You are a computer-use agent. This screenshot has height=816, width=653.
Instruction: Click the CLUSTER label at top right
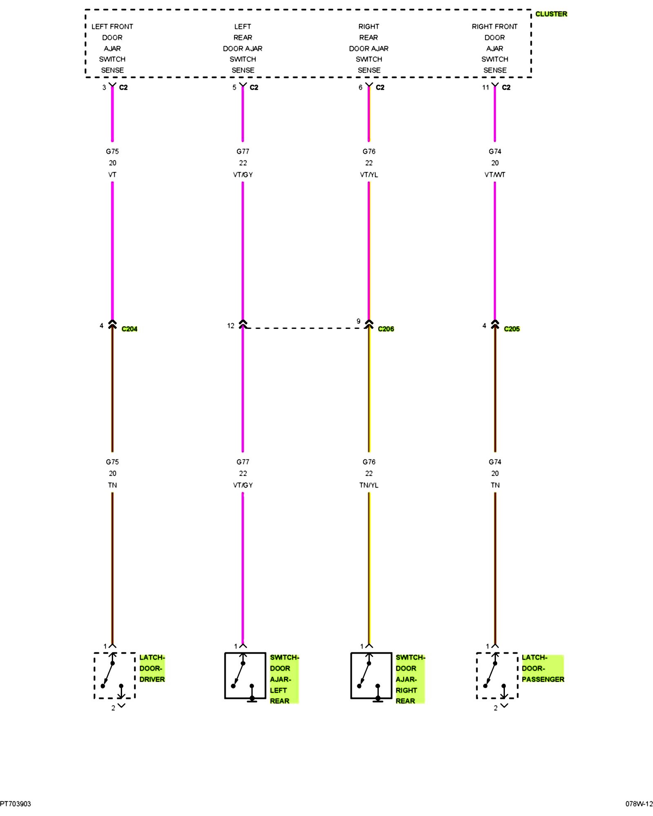pos(551,14)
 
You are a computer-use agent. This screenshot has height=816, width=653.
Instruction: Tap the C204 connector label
pos(129,329)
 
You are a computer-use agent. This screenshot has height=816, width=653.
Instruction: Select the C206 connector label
pos(386,329)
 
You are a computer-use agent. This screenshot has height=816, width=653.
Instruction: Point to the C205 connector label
pos(512,329)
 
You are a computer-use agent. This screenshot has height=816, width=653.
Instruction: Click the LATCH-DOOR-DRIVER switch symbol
pos(114,675)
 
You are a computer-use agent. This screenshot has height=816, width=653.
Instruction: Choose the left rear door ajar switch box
pos(245,675)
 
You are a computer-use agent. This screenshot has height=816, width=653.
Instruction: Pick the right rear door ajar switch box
pos(371,675)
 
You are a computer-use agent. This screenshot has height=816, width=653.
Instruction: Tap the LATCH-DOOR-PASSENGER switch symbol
pos(497,675)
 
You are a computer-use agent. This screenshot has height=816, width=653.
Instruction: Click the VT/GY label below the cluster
pos(243,175)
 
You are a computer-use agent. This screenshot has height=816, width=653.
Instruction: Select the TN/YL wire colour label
pos(369,485)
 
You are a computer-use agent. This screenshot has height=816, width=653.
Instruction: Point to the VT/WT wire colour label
pos(495,175)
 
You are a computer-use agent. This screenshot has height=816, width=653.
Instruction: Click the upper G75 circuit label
pos(112,151)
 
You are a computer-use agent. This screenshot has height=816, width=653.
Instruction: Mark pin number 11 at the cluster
pos(485,87)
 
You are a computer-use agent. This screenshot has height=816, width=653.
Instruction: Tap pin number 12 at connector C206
pos(231,326)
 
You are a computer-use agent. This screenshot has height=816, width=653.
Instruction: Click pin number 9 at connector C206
pos(358,321)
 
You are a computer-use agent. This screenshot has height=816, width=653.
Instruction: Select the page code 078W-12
pos(639,804)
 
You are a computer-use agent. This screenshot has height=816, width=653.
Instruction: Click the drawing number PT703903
pos(16,804)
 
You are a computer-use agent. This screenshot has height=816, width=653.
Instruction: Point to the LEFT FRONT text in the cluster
pos(112,27)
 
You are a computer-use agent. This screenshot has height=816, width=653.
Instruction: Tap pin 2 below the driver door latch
pos(113,708)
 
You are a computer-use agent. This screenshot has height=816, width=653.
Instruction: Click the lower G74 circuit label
pos(495,462)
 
